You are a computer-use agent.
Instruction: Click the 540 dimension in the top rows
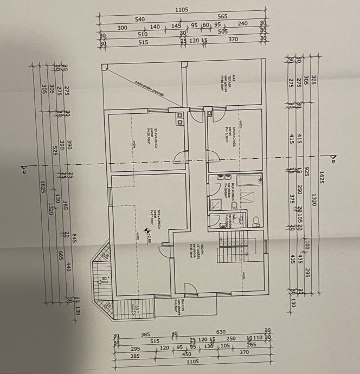coord(140,20)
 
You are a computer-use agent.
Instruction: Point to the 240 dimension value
coord(242,24)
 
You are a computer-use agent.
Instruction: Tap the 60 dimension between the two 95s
coord(205,25)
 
